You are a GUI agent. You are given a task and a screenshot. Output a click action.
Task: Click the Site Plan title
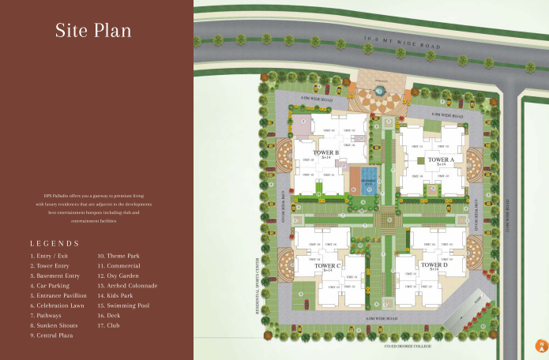[x=92, y=31]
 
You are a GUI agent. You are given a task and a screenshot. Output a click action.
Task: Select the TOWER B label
[x=325, y=152]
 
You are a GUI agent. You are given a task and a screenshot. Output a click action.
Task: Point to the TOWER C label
[x=327, y=266]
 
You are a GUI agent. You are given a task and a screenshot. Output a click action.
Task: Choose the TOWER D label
[x=434, y=265]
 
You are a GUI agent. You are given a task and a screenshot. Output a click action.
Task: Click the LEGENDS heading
[x=55, y=243]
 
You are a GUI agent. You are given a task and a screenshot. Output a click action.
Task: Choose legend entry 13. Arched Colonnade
[x=127, y=285]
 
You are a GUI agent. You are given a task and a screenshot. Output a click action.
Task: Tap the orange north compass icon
[x=542, y=345]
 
